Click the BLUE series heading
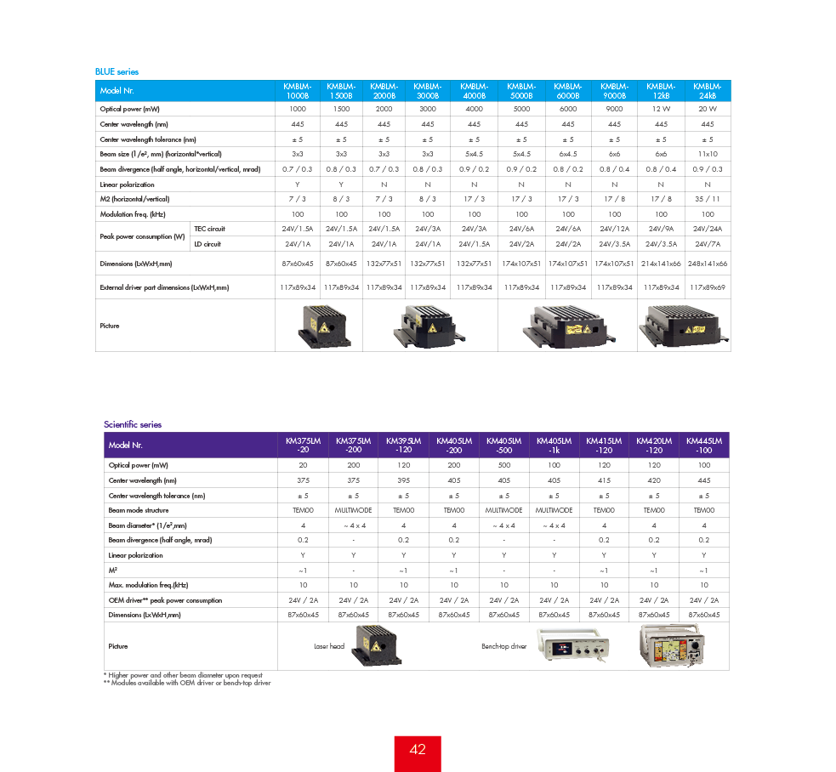click(x=117, y=72)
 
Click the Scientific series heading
click(x=133, y=424)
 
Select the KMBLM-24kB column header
click(x=708, y=90)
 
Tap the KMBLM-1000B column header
click(x=298, y=90)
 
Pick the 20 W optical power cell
click(x=708, y=110)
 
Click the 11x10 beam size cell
click(x=708, y=154)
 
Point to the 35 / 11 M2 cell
click(x=708, y=199)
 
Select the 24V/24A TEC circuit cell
click(x=708, y=229)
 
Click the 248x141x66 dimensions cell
click(x=708, y=264)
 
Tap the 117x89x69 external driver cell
click(x=708, y=287)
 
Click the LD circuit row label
click(x=208, y=244)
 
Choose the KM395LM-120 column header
click(x=403, y=445)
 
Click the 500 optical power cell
click(x=503, y=466)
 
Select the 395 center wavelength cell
click(x=403, y=480)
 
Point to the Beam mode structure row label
click(x=139, y=510)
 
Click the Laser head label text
click(x=329, y=647)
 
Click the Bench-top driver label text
click(x=503, y=647)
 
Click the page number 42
click(x=418, y=750)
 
